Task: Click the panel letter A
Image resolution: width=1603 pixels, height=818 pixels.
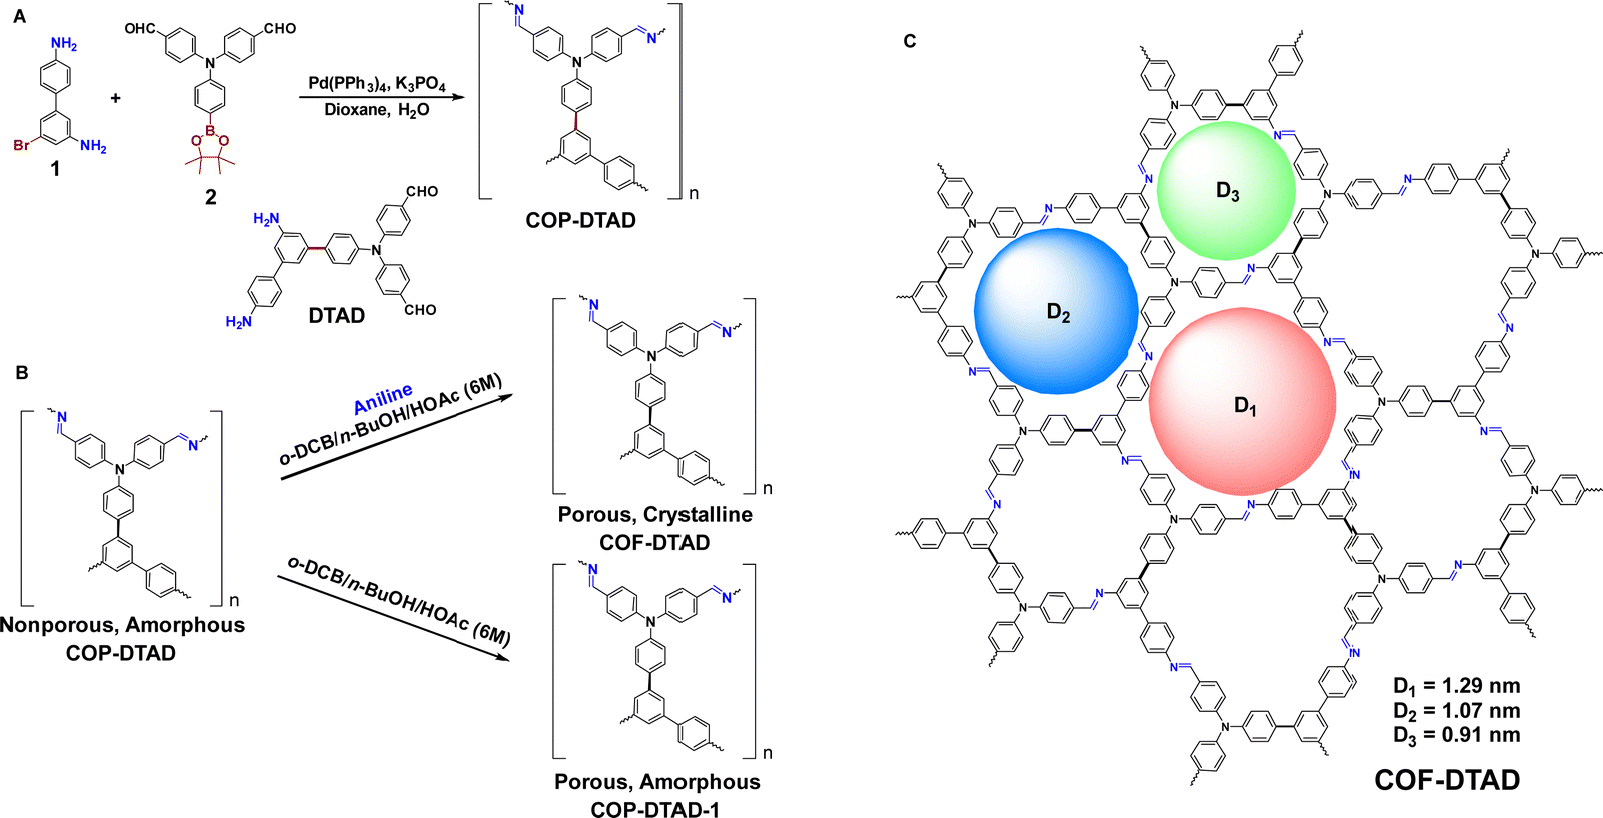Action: pos(20,16)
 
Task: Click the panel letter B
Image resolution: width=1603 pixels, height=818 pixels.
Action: pos(22,372)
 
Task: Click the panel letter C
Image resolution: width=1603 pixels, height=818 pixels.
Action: pos(910,41)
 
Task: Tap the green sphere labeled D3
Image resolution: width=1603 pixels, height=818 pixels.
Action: pos(1226,190)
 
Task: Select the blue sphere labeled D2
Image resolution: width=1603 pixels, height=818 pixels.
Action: pos(1056,311)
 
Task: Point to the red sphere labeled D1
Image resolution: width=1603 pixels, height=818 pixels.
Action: pos(1242,401)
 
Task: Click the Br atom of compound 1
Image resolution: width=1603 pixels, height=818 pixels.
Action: pos(21,146)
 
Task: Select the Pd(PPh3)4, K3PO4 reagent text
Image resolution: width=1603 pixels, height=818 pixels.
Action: pos(376,84)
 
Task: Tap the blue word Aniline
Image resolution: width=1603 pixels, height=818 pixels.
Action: pos(384,399)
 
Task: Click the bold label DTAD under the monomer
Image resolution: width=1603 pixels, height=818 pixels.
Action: pos(336,315)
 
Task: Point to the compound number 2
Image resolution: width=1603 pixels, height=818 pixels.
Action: pos(210,197)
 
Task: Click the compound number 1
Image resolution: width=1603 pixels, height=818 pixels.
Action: pos(54,170)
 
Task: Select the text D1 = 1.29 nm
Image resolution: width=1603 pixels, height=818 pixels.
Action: pos(1456,686)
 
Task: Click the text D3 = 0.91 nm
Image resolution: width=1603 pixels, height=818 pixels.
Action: pos(1456,735)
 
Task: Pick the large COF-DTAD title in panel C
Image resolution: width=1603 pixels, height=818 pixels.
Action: pos(1447,780)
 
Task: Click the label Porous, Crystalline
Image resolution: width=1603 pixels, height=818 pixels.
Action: pos(655,515)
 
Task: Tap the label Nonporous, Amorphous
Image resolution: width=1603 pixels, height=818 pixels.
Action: pos(122,625)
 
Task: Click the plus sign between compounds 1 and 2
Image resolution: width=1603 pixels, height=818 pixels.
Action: pos(115,97)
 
